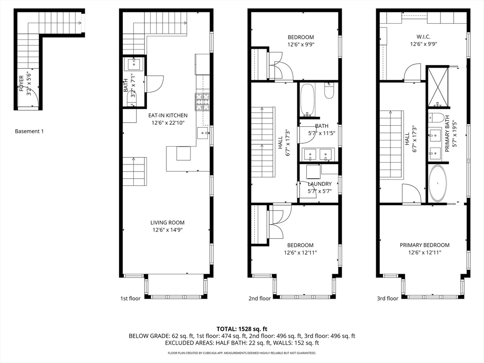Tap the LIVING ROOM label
[x=167, y=223]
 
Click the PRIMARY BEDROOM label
[x=424, y=245]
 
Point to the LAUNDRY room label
[x=320, y=184]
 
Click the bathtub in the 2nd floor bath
[x=307, y=100]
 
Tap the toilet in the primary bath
[x=436, y=118]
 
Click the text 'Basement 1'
[x=29, y=131]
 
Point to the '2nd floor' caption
[x=259, y=298]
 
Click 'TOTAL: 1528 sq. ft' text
[x=242, y=328]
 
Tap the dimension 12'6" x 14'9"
[x=167, y=230]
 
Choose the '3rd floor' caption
[x=387, y=298]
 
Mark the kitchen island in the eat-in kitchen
[x=183, y=154]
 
